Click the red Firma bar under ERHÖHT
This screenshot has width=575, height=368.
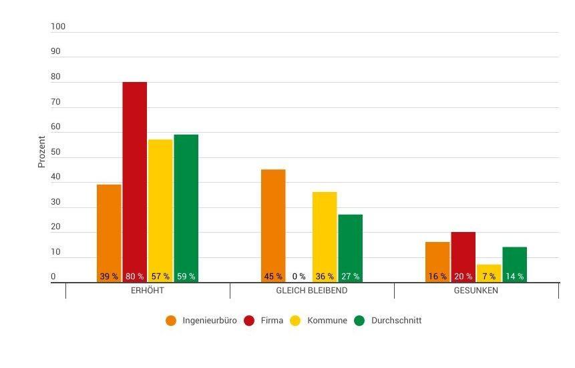click(134, 173)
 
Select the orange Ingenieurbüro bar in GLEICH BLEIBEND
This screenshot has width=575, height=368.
click(273, 220)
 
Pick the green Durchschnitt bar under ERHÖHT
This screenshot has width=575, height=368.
click(186, 200)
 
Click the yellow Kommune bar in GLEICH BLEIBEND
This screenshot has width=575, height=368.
click(325, 230)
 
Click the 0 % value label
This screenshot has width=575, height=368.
click(299, 277)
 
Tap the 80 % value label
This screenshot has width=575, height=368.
click(134, 277)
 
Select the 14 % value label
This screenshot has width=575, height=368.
click(515, 277)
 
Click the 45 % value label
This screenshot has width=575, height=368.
click(273, 277)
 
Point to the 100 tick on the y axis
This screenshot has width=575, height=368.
click(58, 27)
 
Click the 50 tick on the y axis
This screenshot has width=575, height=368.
click(55, 152)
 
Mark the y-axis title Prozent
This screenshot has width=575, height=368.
click(42, 152)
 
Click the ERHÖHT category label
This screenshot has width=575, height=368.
click(148, 291)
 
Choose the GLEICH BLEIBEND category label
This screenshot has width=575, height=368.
click(312, 291)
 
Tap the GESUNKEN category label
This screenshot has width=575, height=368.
click(476, 291)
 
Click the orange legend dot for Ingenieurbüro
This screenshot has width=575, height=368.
click(172, 321)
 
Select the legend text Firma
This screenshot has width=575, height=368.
click(272, 321)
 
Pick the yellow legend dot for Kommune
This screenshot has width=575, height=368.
click(297, 321)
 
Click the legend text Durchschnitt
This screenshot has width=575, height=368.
click(396, 321)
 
